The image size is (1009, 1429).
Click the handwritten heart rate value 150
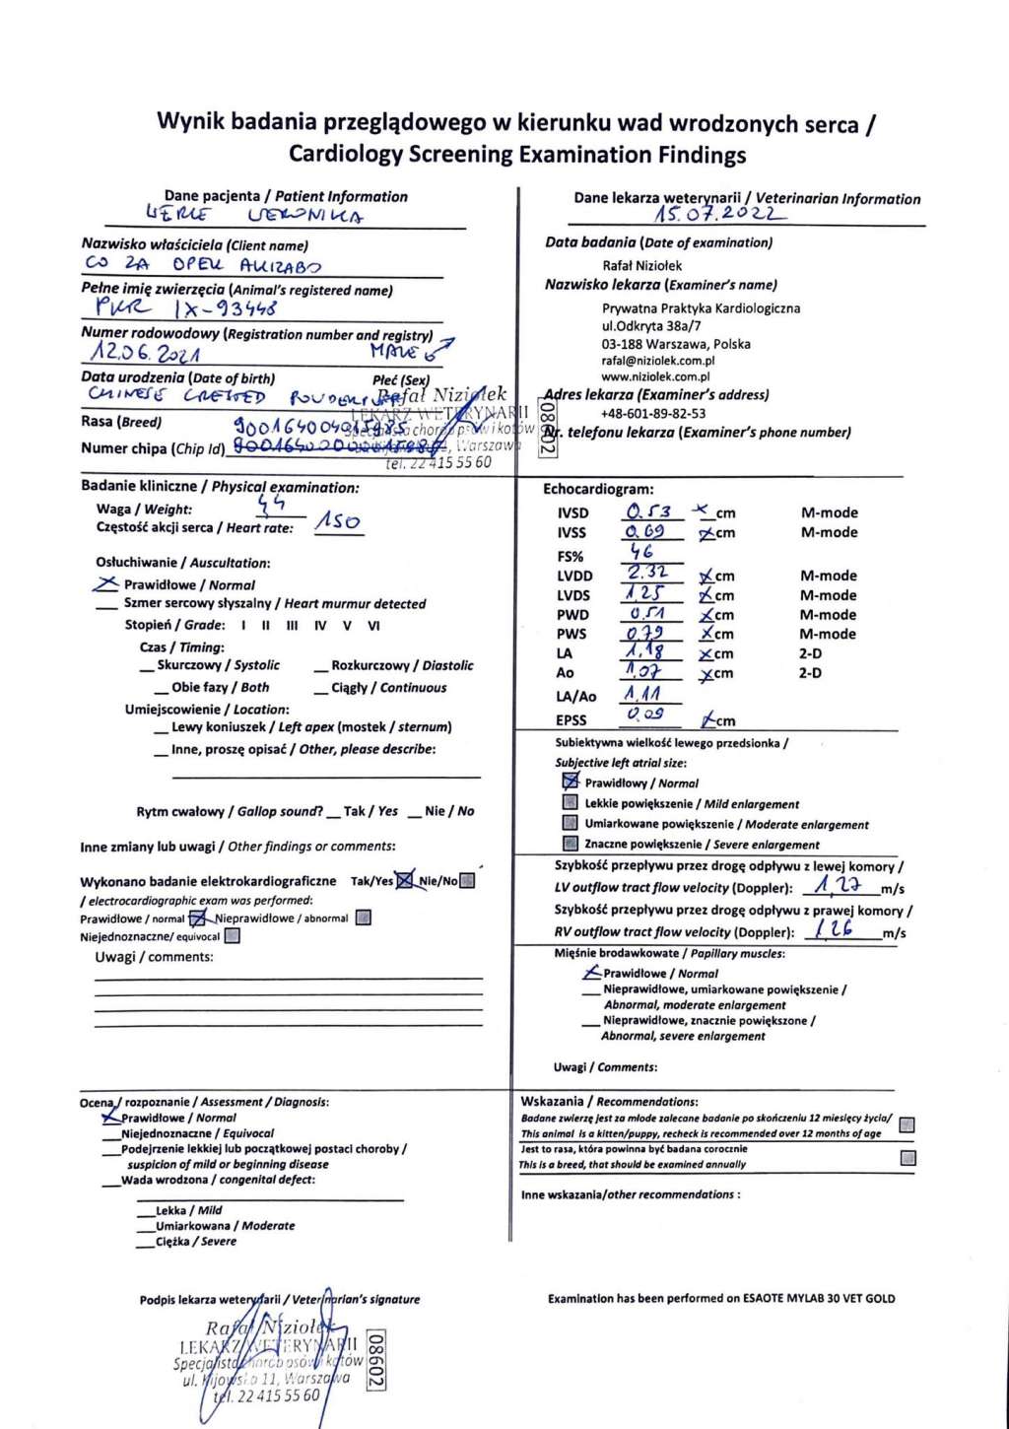click(338, 521)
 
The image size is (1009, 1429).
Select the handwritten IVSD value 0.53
click(648, 511)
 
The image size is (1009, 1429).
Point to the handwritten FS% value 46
click(642, 552)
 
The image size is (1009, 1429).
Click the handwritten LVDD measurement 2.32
click(648, 573)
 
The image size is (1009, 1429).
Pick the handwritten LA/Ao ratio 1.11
click(642, 694)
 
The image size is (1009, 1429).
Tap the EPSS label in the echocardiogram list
click(571, 720)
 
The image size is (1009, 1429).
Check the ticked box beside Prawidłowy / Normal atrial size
click(570, 782)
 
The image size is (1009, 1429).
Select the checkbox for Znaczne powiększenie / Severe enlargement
click(570, 844)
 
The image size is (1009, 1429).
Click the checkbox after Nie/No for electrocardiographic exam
click(468, 880)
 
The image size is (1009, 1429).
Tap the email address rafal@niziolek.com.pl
click(657, 361)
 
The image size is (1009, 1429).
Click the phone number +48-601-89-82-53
click(653, 414)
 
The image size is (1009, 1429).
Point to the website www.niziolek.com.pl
click(655, 376)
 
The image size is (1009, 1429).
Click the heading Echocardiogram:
click(598, 489)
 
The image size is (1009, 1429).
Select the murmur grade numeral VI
click(373, 626)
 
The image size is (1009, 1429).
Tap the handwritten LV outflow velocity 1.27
click(838, 886)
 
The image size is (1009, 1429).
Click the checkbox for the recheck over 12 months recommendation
click(908, 1124)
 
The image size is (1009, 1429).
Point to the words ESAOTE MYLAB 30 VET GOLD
click(819, 1299)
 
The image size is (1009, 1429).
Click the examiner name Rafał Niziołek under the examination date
click(641, 265)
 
